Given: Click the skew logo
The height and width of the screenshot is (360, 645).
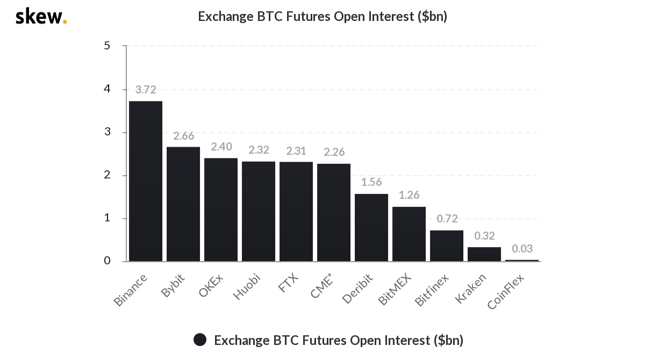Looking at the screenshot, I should (41, 17).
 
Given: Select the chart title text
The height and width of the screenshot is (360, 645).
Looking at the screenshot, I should (322, 17).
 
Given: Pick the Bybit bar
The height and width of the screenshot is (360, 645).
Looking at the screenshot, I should (183, 204).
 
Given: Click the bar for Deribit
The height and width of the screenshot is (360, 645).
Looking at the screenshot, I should (371, 228).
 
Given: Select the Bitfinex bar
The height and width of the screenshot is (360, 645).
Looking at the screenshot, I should (447, 246).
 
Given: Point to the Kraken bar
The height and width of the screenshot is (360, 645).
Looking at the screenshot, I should (484, 254).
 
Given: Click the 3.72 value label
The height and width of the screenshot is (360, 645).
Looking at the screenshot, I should (146, 90).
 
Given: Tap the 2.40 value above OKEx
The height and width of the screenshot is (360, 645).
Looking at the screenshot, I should (221, 147).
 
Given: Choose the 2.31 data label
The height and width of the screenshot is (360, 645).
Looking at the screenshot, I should (296, 151).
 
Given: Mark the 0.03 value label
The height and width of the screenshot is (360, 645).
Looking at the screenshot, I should (522, 249).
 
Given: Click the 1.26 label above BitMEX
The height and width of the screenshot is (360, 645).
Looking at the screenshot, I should (409, 195).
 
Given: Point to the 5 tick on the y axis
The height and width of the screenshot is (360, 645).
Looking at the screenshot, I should (107, 46).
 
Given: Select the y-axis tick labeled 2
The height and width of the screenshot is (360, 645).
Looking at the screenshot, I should (107, 175).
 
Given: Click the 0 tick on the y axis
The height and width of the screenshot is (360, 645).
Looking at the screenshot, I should (107, 261).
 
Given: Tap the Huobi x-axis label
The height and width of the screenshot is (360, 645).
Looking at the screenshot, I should (247, 287).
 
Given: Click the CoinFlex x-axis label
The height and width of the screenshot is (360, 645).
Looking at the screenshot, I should (506, 291).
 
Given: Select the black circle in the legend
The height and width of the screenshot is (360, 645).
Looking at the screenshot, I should (200, 340).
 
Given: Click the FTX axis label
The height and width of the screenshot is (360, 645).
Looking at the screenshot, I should (289, 283).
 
